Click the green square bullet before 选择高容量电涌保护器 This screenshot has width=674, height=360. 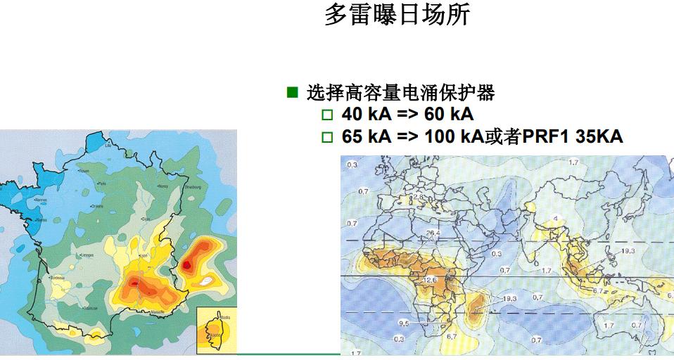tap(293, 93)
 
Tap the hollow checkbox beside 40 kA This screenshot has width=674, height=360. tap(326, 115)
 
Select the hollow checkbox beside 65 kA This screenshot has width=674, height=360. tap(326, 137)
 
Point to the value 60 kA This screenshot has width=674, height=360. tap(447, 115)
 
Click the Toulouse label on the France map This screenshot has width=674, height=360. tap(89, 308)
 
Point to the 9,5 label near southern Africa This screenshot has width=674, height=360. tap(402, 324)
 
